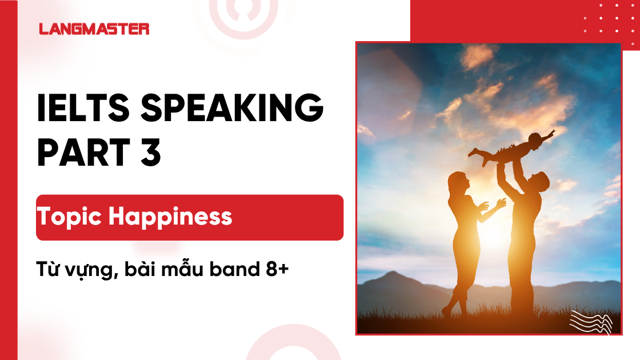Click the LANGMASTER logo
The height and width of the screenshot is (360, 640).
click(94, 29)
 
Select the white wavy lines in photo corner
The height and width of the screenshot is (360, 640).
click(591, 321)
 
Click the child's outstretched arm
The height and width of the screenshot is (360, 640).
click(546, 136)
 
